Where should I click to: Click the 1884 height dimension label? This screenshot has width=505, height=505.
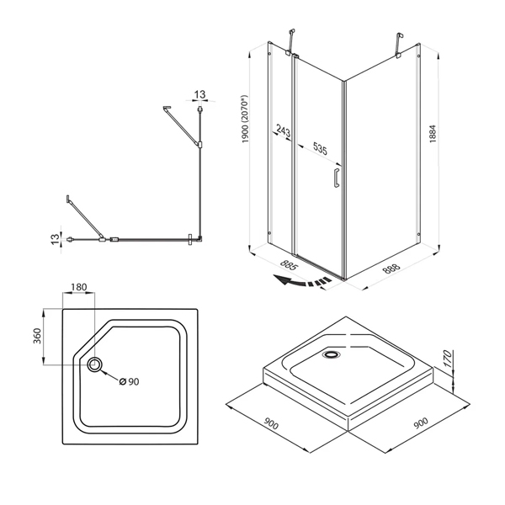click(433, 133)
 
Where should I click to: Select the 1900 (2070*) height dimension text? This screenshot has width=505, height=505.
click(245, 120)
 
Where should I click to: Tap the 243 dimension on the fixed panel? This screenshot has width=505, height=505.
click(284, 131)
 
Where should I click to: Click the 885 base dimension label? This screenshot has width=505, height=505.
click(289, 265)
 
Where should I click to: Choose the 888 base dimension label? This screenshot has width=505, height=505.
click(391, 268)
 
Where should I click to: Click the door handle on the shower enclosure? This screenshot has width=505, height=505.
click(337, 178)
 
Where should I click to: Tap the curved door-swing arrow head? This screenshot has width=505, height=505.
click(280, 279)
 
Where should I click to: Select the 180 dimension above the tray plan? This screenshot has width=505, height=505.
click(79, 287)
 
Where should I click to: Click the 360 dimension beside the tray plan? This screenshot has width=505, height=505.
click(37, 336)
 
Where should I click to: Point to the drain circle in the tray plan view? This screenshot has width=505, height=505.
click(95, 364)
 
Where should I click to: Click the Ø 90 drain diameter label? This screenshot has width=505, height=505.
click(129, 381)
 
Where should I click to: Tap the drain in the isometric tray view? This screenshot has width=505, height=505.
click(331, 355)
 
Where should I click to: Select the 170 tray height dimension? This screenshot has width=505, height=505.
click(448, 359)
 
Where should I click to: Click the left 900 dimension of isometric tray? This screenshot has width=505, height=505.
click(270, 424)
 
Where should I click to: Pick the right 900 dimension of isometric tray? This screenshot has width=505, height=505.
click(421, 423)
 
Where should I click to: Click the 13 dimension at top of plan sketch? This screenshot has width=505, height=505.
click(199, 94)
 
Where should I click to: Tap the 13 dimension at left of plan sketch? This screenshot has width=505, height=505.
click(55, 239)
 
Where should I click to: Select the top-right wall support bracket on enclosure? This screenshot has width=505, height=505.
click(399, 45)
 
